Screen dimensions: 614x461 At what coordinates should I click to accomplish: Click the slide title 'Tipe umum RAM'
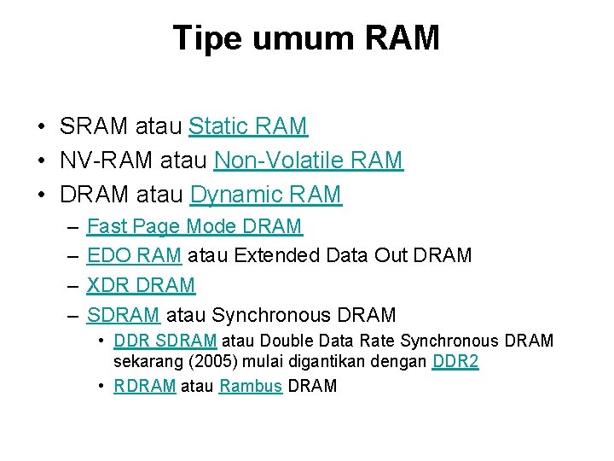pos(306,38)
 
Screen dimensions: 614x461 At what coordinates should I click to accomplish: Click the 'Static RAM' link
pos(248,127)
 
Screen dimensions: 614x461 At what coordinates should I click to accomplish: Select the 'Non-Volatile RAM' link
pos(309,160)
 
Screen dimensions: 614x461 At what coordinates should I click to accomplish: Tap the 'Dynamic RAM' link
pos(265,195)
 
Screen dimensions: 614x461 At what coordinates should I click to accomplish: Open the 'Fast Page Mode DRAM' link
pos(194,226)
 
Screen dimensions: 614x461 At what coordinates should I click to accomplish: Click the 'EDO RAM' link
pos(134,255)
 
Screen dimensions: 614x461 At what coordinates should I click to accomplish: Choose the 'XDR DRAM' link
pos(141,285)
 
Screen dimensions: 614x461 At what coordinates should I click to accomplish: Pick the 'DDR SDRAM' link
pos(165,341)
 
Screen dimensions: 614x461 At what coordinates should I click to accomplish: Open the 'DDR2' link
pos(455,362)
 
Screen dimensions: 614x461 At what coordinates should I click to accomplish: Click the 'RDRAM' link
pos(145,386)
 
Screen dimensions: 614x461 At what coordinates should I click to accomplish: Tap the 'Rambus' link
pos(251,386)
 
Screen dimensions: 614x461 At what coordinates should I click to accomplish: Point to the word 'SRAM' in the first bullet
pos(95,127)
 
